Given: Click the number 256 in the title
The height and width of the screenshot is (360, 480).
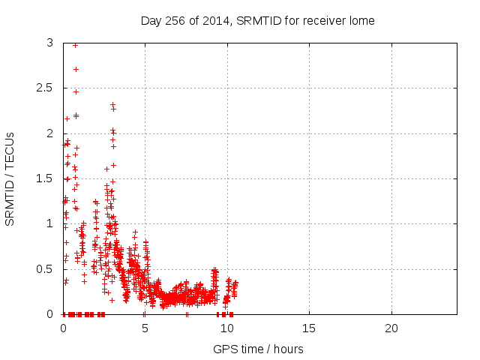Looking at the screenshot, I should (x=173, y=20).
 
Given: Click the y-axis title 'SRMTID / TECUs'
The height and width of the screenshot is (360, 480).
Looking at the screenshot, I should (x=10, y=178).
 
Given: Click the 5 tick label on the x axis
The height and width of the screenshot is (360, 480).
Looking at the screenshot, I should (x=145, y=328).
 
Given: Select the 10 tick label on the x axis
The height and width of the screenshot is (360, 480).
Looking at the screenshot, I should (x=226, y=328).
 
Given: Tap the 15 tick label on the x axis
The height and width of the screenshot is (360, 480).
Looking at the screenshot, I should (x=309, y=328).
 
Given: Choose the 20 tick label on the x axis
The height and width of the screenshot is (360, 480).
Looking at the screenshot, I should (x=391, y=328).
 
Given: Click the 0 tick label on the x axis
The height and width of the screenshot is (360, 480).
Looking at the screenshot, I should (x=63, y=328).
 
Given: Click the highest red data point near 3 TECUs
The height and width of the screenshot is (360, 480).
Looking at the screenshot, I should (x=75, y=45).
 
